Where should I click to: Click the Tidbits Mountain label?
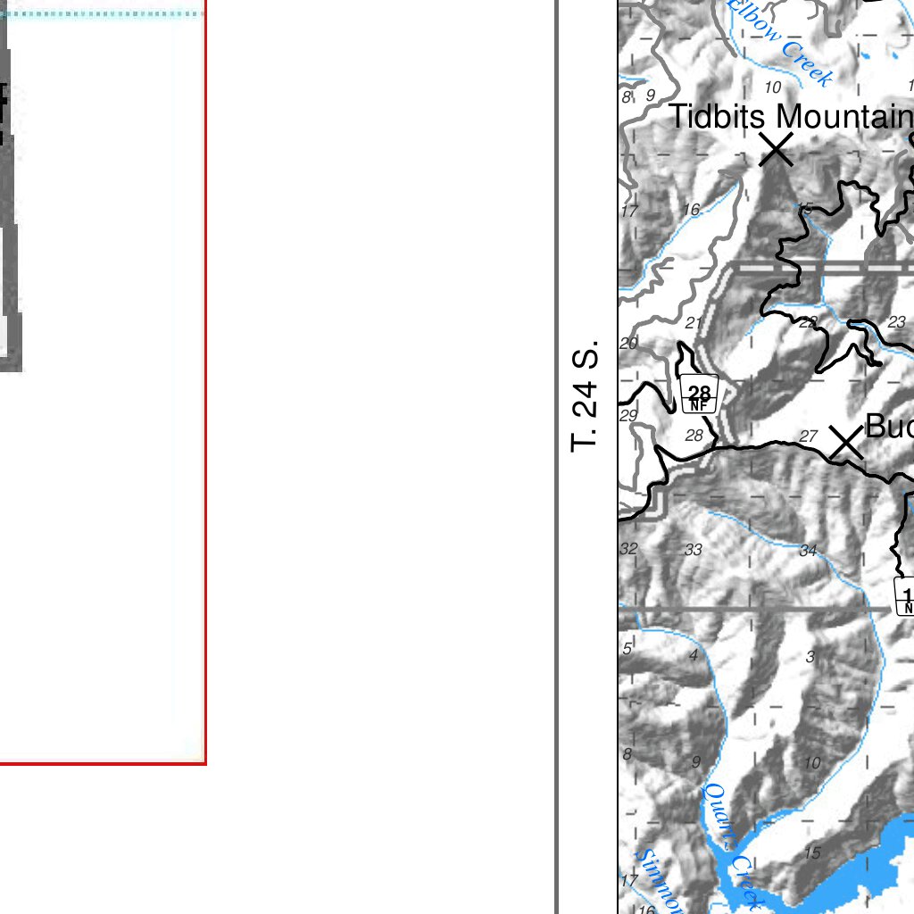pyautogui.click(x=791, y=117)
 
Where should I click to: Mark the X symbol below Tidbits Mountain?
pyautogui.click(x=777, y=149)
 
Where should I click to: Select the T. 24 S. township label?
pyautogui.click(x=584, y=395)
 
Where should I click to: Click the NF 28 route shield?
pyautogui.click(x=700, y=395)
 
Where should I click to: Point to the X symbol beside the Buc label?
pyautogui.click(x=845, y=443)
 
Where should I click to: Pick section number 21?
pyautogui.click(x=694, y=322)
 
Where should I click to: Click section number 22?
pyautogui.click(x=807, y=321)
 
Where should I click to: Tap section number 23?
pyautogui.click(x=896, y=321)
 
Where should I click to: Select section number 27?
pyautogui.click(x=808, y=436)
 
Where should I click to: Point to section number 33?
pyautogui.click(x=694, y=550)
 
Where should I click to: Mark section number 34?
pyautogui.click(x=808, y=550)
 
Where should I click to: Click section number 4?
pyautogui.click(x=694, y=656)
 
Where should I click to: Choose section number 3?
pyautogui.click(x=810, y=657)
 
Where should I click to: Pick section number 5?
pyautogui.click(x=627, y=648)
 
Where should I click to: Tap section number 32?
pyautogui.click(x=628, y=548)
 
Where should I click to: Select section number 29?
pyautogui.click(x=628, y=415)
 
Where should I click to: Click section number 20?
pyautogui.click(x=628, y=344)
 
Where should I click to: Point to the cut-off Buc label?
pyautogui.click(x=889, y=427)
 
